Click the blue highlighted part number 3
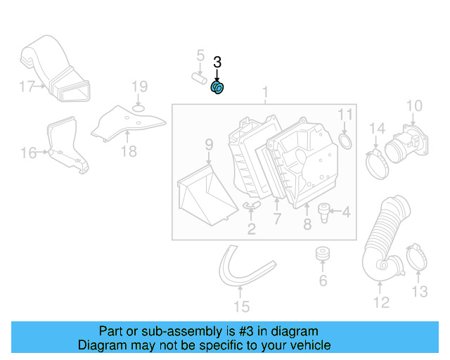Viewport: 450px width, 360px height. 217,88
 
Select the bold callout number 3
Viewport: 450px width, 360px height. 217,63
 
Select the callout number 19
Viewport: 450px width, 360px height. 139,87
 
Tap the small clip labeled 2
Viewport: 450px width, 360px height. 252,205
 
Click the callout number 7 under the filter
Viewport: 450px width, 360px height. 277,220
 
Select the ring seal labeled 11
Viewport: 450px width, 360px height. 345,143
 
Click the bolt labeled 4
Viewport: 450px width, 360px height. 324,210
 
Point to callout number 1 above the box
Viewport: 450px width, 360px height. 266,92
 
